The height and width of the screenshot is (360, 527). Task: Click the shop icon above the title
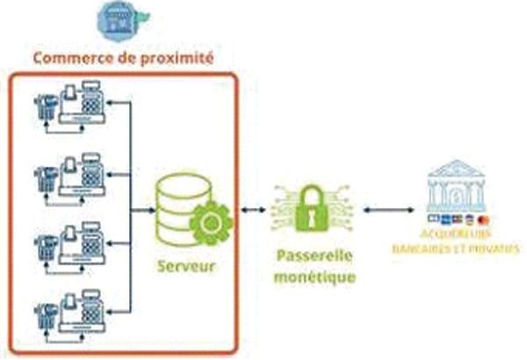[x=122, y=19]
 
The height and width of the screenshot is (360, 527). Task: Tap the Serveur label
[x=187, y=264]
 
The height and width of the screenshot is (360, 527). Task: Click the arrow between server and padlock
[x=254, y=212]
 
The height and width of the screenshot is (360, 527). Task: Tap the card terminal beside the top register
[x=43, y=112]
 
